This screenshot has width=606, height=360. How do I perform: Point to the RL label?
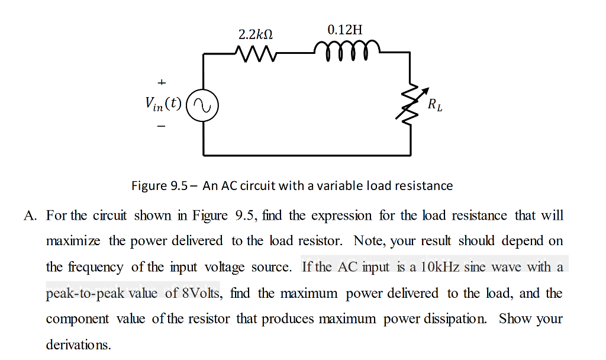[x=435, y=107]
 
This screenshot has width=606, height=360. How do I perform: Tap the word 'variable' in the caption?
[x=335, y=186]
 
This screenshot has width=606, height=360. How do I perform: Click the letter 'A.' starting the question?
[x=31, y=216]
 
